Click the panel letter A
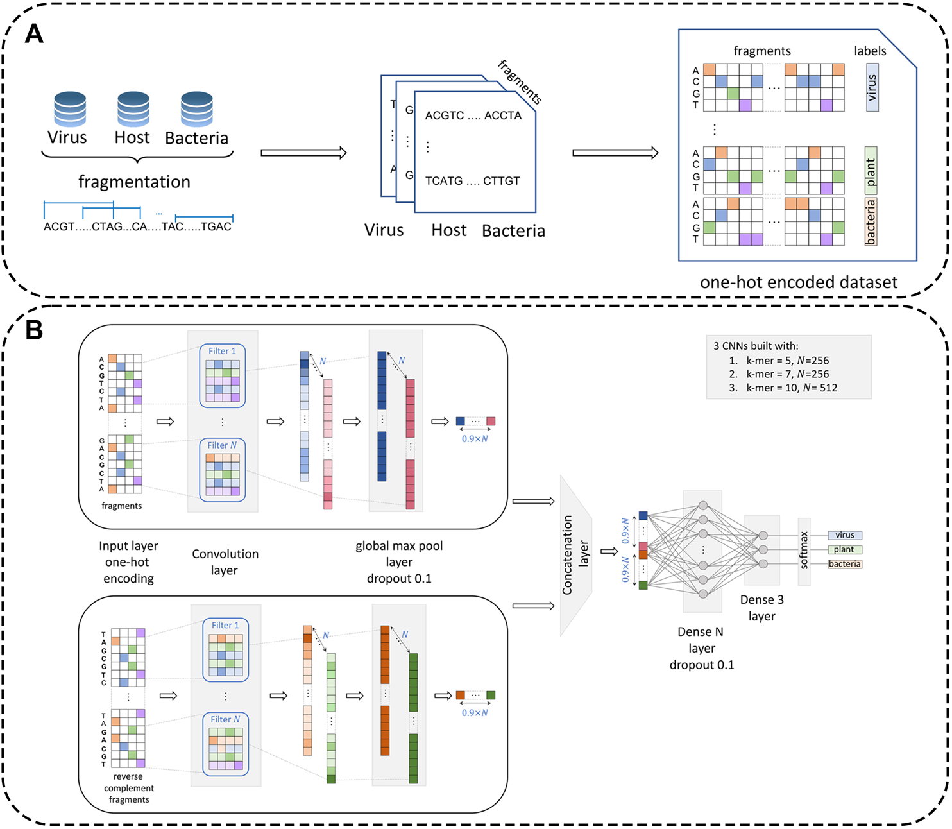coord(34,33)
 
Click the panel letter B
coord(34,330)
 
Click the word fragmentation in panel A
coord(134,182)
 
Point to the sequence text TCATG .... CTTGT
coord(473,181)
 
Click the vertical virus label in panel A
coord(872,88)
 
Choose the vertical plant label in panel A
coord(871,171)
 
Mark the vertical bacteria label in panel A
coord(871,222)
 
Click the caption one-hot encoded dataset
coord(798,282)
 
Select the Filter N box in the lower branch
coord(225,744)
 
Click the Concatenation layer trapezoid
coord(575,555)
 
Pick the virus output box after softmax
coord(844,535)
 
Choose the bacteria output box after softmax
coord(844,564)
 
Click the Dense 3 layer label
coord(761,608)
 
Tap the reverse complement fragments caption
coord(129,788)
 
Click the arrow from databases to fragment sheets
coord(303,153)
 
